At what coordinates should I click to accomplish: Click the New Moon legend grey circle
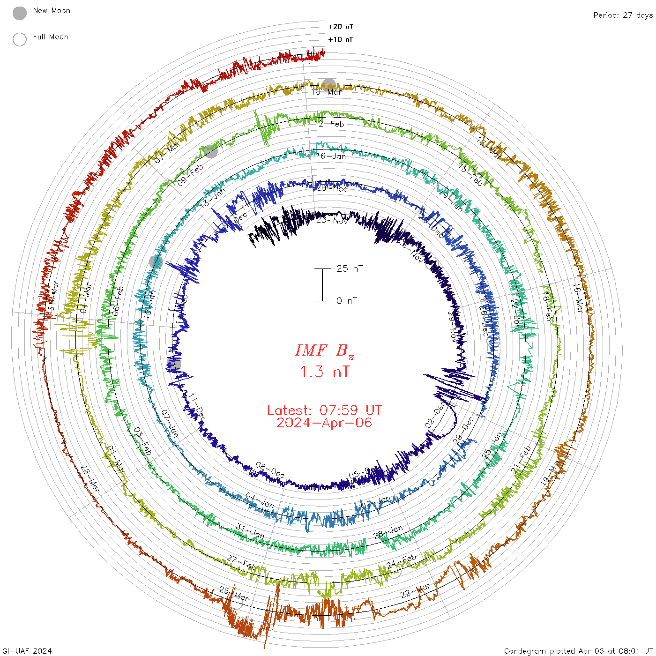pos(20,14)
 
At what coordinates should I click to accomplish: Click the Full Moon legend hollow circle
pos(20,39)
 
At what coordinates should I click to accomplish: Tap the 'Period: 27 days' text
pos(623,15)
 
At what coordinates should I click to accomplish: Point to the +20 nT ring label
pos(341,27)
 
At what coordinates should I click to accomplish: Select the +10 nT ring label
pos(341,39)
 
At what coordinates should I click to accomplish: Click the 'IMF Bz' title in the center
pos(324,350)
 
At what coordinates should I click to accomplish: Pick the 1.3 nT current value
pos(324,372)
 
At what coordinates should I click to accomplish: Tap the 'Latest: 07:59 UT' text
pos(324,410)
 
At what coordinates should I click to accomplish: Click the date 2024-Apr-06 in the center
pos(324,423)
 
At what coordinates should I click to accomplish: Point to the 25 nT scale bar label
pos(350,269)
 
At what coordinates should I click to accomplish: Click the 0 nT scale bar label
pos(346,301)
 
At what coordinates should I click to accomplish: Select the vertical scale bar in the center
pos(322,285)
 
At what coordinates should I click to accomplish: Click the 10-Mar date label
pos(327,92)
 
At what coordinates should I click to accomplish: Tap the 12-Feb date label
pos(329,124)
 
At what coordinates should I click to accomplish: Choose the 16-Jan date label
pos(331,157)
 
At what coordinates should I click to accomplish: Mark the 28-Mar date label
pos(90,478)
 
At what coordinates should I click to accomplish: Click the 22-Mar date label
pos(415,590)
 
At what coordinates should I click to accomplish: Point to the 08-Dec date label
pos(270,470)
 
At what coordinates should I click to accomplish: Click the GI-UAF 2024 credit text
pos(27,651)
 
